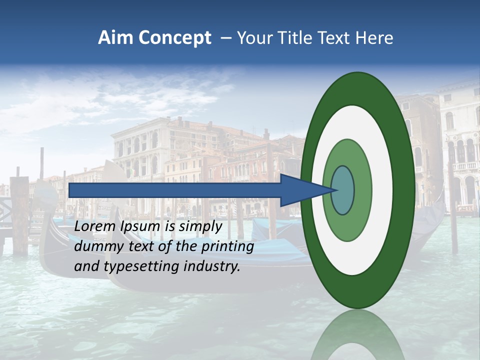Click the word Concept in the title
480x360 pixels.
[174, 38]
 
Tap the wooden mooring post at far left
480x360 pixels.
[20, 215]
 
